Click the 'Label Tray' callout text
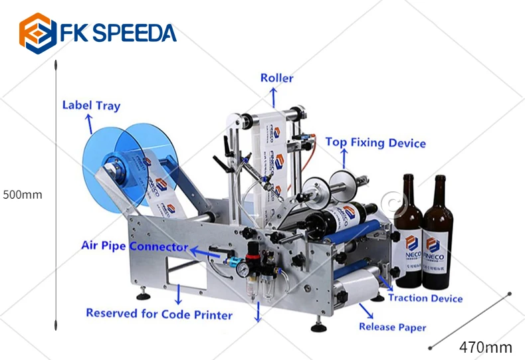coord(91,105)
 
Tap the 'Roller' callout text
coord(276,78)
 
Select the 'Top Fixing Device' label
coord(375,143)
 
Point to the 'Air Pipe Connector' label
coord(135,246)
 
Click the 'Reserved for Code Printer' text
coord(159,314)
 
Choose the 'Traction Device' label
coord(425,298)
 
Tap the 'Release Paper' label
coord(392,327)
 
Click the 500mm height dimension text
coord(23,195)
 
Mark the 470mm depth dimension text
coord(486,347)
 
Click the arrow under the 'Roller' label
coord(273,97)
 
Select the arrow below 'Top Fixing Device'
coord(344,159)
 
